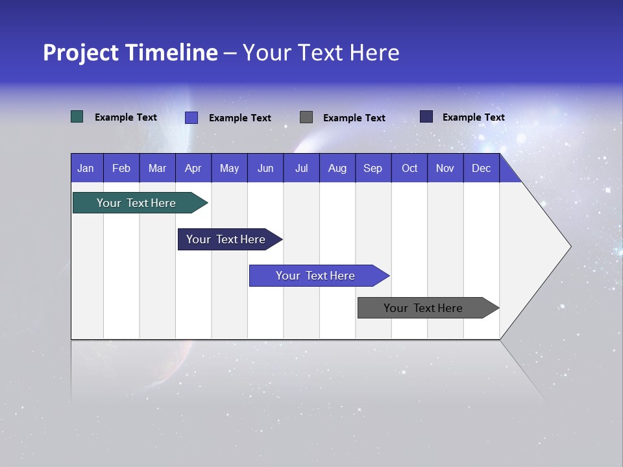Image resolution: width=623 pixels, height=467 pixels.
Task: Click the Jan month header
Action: (x=86, y=168)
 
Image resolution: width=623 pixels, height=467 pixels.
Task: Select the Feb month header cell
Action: (x=121, y=168)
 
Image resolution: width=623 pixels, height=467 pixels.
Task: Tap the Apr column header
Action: (x=193, y=168)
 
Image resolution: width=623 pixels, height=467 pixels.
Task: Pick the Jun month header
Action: (x=265, y=168)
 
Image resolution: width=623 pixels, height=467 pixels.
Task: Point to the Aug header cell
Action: (x=337, y=168)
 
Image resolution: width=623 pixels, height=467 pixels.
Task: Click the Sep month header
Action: (x=373, y=168)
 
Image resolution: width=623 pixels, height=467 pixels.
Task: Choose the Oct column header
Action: (x=409, y=168)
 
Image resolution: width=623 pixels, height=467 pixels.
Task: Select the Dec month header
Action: (x=482, y=168)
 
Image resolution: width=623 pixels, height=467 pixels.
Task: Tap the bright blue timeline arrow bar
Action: (x=316, y=276)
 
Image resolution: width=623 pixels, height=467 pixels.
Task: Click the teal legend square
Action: (x=77, y=117)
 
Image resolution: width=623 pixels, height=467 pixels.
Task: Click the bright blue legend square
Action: (x=191, y=117)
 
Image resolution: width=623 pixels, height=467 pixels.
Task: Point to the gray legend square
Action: (x=306, y=117)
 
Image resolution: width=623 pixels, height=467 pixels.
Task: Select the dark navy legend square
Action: (x=426, y=117)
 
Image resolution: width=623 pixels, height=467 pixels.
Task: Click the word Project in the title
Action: (x=81, y=53)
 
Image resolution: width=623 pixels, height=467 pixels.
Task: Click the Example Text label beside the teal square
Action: (x=126, y=117)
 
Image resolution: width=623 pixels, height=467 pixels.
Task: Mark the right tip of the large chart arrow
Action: (x=570, y=246)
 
